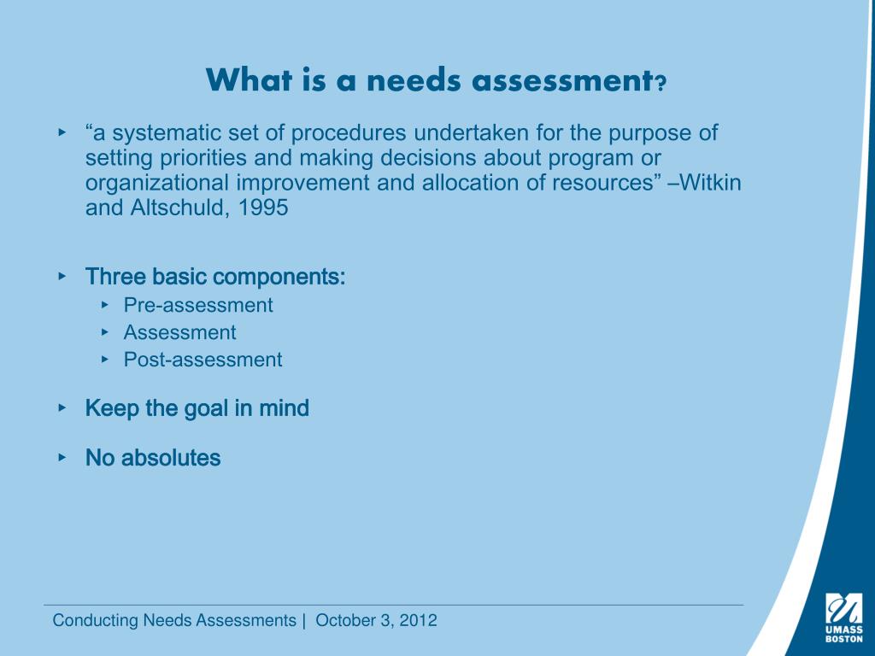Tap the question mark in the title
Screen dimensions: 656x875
660,84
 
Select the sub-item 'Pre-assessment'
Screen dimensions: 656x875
198,305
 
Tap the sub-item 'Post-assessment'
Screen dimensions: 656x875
203,360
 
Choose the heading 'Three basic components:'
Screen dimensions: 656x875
215,278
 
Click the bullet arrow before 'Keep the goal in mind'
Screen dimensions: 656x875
62,408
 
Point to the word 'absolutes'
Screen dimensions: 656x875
171,458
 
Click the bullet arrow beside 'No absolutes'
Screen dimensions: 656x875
62,458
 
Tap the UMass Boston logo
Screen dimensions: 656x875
843,617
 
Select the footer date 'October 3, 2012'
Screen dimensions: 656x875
376,621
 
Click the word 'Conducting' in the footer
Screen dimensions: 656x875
87,621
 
